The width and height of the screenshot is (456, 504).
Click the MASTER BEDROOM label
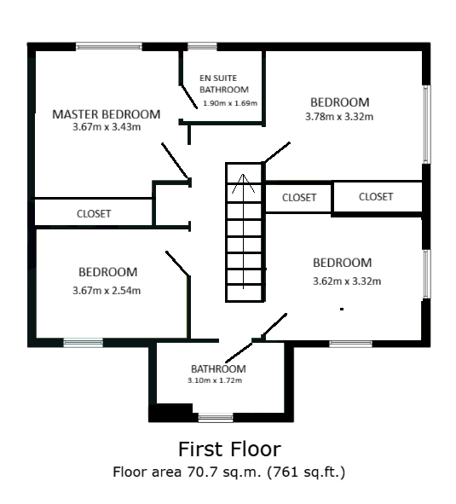click(106, 114)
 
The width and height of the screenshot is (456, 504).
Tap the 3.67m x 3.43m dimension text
click(107, 127)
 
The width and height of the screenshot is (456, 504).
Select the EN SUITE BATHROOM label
click(224, 84)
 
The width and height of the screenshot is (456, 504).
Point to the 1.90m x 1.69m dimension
click(230, 103)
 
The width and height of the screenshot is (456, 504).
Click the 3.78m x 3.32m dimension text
click(339, 116)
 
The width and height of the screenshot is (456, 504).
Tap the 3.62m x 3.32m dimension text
click(347, 281)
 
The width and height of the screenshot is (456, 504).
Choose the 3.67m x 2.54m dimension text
click(107, 291)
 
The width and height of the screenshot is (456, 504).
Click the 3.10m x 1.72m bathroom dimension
click(215, 380)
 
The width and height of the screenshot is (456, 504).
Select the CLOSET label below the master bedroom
click(94, 214)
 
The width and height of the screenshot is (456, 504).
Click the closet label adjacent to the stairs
click(299, 197)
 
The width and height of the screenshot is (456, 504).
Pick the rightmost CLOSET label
click(376, 197)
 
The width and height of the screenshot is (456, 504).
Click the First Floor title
click(230, 449)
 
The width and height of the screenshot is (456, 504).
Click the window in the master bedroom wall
click(109, 47)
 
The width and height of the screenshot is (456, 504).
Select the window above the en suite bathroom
click(202, 47)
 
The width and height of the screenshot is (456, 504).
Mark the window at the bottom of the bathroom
click(216, 418)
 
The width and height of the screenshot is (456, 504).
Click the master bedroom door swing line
click(175, 160)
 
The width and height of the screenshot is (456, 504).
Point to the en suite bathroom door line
click(188, 96)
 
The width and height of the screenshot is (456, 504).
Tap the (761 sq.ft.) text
click(306, 472)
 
